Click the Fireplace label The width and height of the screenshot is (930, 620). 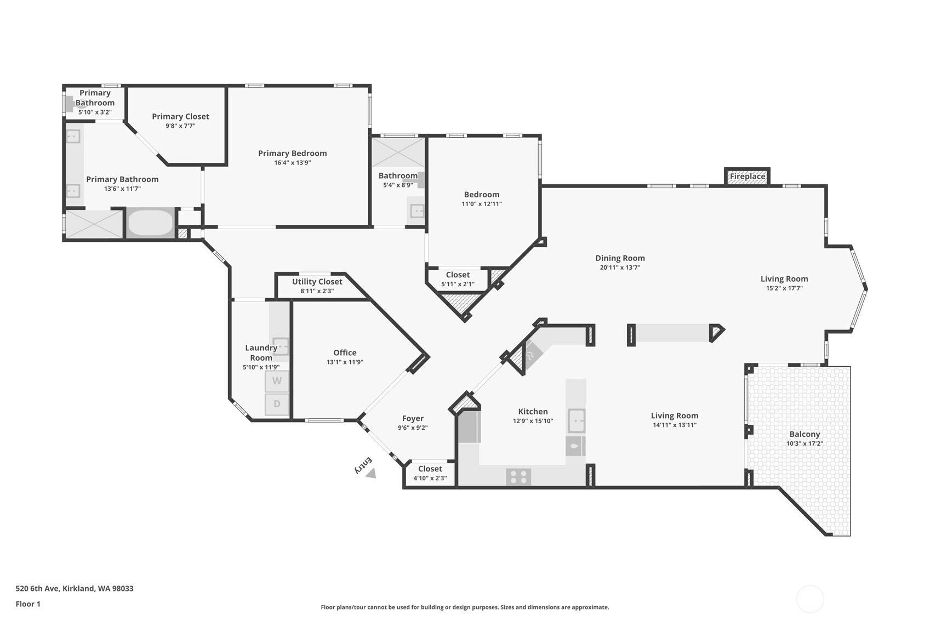748,177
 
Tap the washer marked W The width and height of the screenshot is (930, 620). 277,381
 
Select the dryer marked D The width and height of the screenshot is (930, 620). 277,404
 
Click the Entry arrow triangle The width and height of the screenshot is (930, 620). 371,474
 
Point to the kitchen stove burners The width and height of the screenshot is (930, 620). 518,476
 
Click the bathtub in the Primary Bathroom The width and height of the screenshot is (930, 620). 150,223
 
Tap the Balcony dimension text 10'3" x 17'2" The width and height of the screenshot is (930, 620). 805,443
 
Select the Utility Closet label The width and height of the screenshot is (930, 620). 317,282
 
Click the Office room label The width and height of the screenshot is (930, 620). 345,352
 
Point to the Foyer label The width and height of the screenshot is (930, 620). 413,419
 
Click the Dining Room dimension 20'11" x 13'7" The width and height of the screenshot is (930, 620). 620,268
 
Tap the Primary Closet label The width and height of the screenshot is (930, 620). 180,117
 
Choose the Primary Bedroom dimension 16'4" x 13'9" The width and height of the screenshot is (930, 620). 292,163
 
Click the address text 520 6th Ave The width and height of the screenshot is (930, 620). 38,588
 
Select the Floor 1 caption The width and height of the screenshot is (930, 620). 28,604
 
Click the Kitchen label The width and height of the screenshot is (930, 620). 533,412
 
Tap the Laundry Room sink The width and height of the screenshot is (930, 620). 280,346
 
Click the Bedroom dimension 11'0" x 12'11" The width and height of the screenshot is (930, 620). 482,204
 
